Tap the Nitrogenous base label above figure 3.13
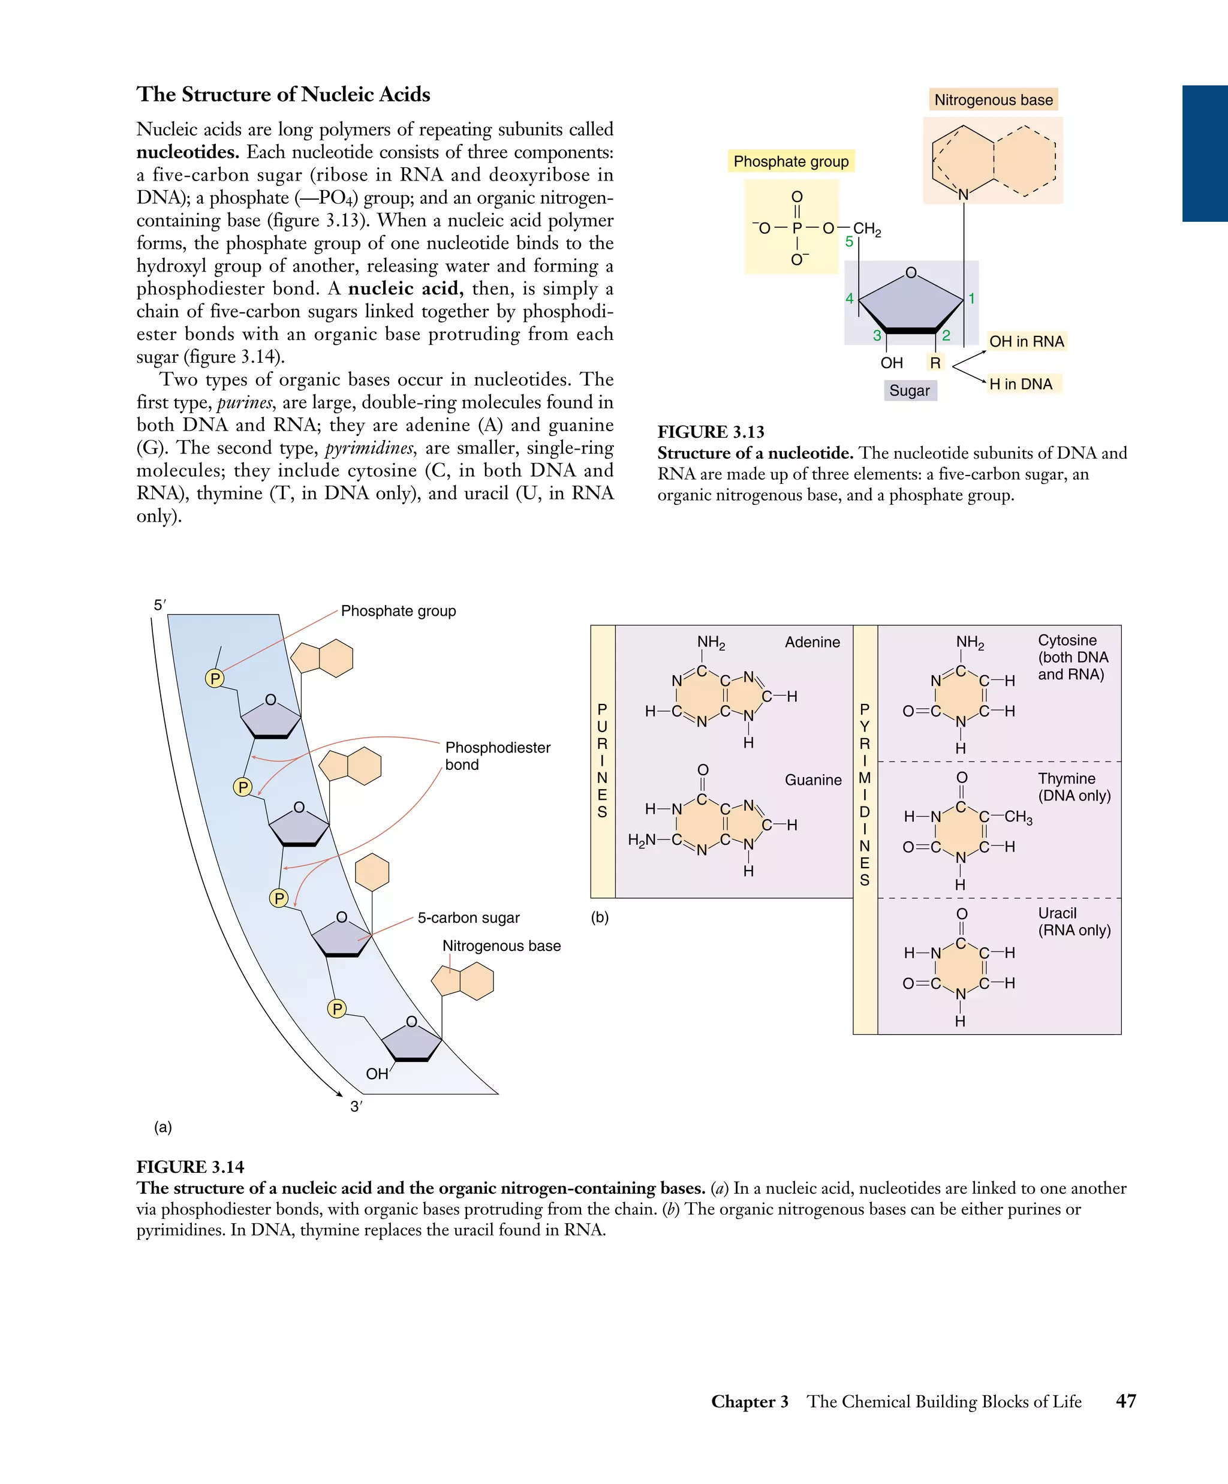[993, 100]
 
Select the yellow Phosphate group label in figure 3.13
[791, 161]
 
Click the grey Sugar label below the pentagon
[910, 390]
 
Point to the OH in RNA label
[1026, 341]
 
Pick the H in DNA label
[1021, 384]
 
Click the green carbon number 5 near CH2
[849, 242]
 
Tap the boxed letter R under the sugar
[935, 363]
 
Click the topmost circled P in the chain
[215, 678]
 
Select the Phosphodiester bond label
[498, 755]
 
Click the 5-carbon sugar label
[468, 917]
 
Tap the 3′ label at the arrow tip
[356, 1107]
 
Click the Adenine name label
[812, 642]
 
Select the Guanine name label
[812, 779]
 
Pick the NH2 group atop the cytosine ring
[970, 642]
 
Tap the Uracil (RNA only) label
[1074, 922]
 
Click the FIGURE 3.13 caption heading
[710, 432]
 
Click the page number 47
[1125, 1401]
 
